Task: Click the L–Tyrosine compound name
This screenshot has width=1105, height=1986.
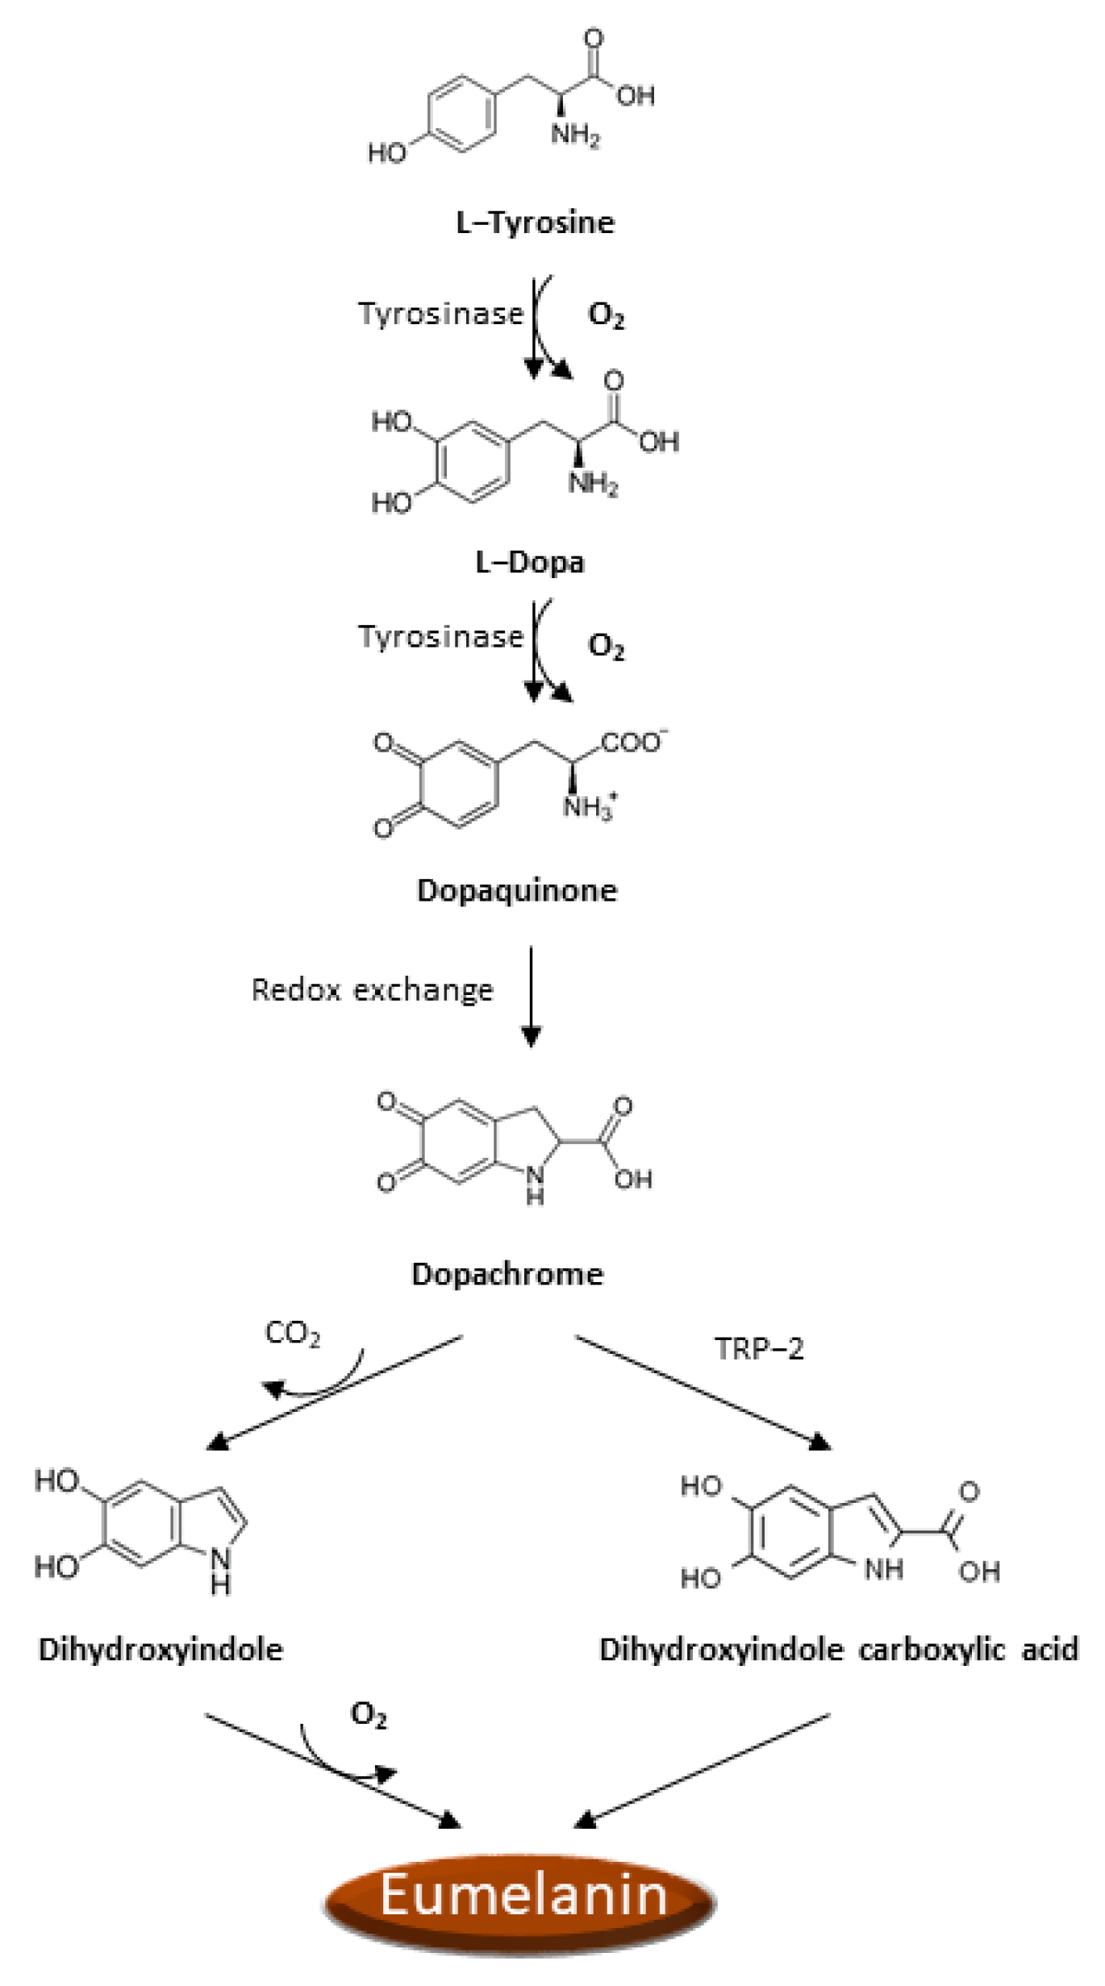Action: click(x=535, y=222)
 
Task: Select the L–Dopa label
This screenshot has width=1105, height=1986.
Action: click(x=529, y=562)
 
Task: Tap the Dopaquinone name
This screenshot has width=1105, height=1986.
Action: click(x=517, y=890)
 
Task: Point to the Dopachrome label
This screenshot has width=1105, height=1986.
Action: click(x=507, y=1274)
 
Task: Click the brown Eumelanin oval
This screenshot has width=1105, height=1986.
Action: click(x=521, y=1894)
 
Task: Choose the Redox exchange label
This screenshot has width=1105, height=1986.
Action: click(x=372, y=989)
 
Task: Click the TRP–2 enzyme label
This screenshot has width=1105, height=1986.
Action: click(x=759, y=1348)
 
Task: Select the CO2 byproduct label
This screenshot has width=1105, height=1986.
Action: click(x=292, y=1334)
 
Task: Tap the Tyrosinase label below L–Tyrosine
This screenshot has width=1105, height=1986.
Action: click(x=440, y=313)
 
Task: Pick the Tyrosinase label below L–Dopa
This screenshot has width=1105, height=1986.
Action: click(x=440, y=636)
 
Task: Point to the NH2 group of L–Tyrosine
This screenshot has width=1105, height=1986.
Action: click(x=574, y=135)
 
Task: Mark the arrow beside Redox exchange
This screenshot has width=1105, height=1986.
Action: click(x=531, y=996)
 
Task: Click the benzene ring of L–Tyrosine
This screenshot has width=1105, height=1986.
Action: click(x=461, y=112)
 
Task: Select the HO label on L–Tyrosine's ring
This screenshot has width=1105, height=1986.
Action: click(x=387, y=152)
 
